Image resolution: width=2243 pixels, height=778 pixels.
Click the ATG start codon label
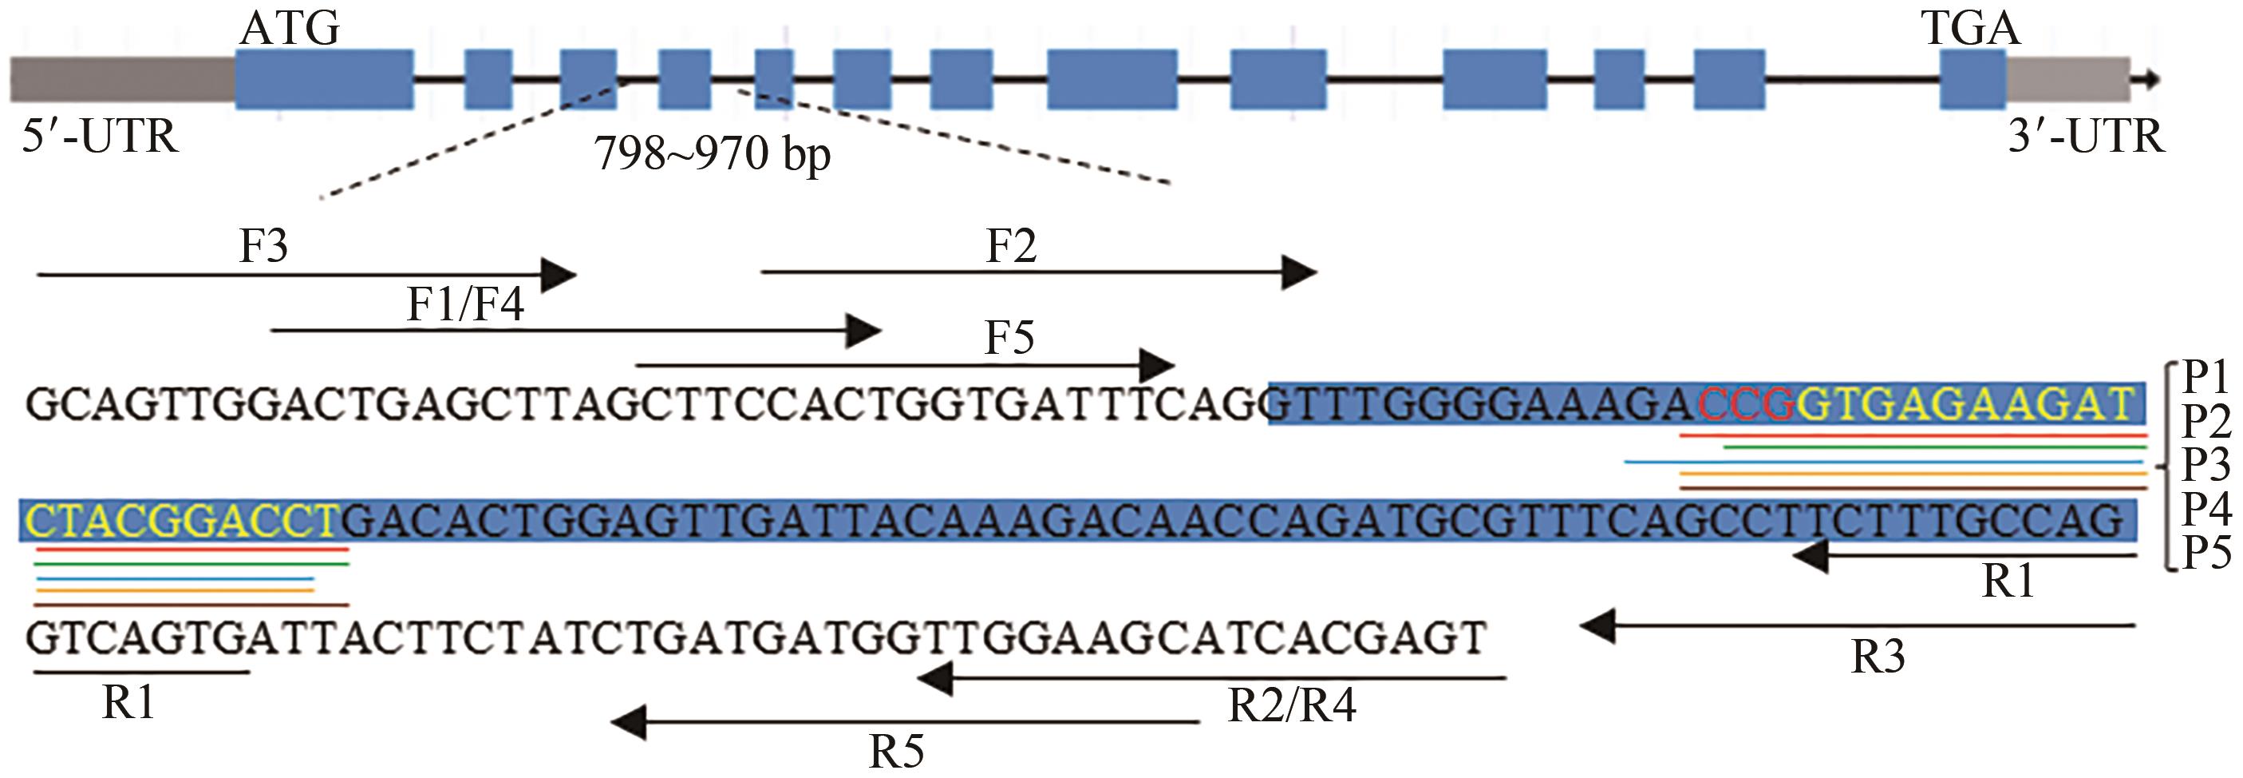point(290,30)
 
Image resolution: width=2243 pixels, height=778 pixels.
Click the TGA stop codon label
point(1969,30)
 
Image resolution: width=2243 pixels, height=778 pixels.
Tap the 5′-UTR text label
point(100,137)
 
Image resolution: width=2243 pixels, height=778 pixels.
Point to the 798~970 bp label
point(713,155)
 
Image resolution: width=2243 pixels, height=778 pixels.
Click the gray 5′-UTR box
point(122,80)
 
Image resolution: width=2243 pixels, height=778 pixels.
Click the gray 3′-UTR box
point(2068,80)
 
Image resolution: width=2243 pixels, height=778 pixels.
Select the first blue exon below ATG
point(324,80)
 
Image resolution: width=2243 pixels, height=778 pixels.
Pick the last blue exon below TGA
point(1973,80)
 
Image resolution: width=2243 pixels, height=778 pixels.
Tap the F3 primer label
point(263,247)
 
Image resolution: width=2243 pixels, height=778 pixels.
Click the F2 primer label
point(1011,247)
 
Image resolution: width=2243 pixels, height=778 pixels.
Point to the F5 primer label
point(1009,338)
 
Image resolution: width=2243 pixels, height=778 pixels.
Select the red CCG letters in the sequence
point(1747,403)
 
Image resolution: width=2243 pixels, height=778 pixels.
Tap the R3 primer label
point(1878,657)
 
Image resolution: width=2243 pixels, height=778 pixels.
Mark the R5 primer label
point(897,751)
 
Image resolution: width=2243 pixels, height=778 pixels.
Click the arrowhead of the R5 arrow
point(628,721)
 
